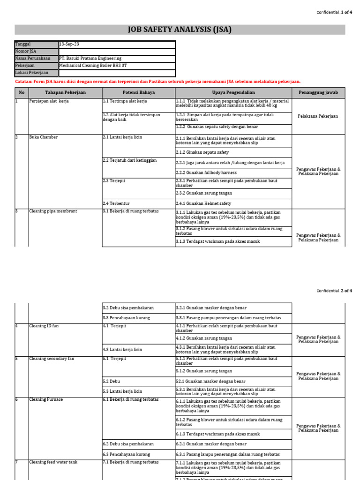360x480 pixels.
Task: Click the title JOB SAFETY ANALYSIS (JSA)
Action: pos(180,30)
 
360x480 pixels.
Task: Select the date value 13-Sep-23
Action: pos(69,44)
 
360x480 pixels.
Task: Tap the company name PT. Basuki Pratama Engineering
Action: pos(90,59)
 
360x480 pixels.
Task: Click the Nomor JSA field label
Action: pos(26,52)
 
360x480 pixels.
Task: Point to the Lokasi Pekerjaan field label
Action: pos(32,73)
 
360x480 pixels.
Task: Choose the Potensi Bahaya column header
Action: pos(139,93)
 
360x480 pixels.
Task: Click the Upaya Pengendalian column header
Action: pos(233,93)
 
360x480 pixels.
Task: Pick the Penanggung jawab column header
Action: pos(319,93)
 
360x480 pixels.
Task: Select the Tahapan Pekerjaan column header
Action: pos(65,93)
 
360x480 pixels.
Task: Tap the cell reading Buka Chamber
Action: pos(44,137)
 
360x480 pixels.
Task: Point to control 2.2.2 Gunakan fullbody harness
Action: pos(206,173)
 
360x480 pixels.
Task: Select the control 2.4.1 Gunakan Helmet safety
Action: pos(203,204)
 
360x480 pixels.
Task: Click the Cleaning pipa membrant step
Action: pos(53,211)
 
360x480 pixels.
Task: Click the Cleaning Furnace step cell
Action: pos(46,399)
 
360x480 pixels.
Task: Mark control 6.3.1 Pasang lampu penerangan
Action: pos(228,455)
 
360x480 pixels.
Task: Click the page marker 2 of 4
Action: pos(346,291)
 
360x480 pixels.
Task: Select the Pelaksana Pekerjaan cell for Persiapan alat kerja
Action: pos(319,116)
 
